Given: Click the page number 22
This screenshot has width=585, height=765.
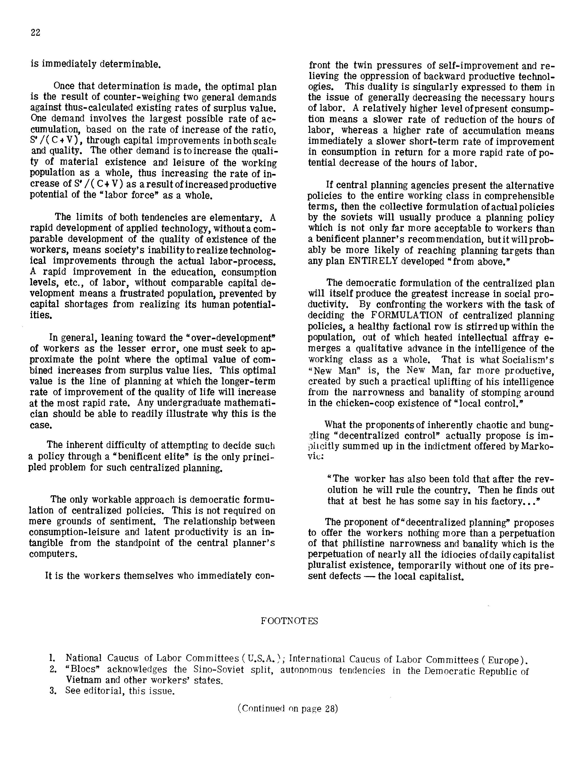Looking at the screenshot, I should click(x=35, y=33).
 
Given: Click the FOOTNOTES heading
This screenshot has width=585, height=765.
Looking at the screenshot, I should click(x=289, y=621).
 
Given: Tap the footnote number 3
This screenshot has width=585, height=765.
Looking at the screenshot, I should click(x=53, y=691).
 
